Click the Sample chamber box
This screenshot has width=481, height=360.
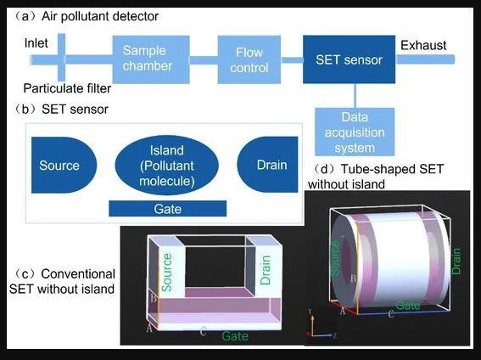pyautogui.click(x=151, y=59)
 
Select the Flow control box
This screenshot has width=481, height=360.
pyautogui.click(x=249, y=59)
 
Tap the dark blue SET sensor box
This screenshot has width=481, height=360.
pyautogui.click(x=350, y=59)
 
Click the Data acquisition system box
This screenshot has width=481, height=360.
pyautogui.click(x=355, y=132)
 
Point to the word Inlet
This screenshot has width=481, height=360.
pyautogui.click(x=36, y=43)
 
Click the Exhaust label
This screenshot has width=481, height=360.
pyautogui.click(x=423, y=45)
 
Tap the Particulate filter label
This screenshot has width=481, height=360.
pyautogui.click(x=67, y=88)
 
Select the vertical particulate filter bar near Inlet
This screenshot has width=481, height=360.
pyautogui.click(x=61, y=58)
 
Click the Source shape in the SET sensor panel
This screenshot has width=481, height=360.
pyautogui.click(x=64, y=165)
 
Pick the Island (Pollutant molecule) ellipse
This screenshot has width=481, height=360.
pyautogui.click(x=167, y=165)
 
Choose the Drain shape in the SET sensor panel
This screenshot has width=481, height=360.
pyautogui.click(x=267, y=165)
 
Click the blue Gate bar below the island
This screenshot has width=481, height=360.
pyautogui.click(x=168, y=209)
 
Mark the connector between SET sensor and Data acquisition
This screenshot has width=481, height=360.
pyautogui.click(x=355, y=95)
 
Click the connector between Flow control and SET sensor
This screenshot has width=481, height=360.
pyautogui.click(x=292, y=59)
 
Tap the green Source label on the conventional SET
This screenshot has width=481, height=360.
pyautogui.click(x=166, y=273)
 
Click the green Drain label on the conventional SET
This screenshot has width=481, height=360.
pyautogui.click(x=266, y=270)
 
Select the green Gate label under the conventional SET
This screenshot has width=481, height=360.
pyautogui.click(x=235, y=336)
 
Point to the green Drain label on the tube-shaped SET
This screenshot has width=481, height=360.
pyautogui.click(x=456, y=262)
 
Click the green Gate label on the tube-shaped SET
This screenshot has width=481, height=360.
pyautogui.click(x=408, y=306)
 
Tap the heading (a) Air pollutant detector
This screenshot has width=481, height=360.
pyautogui.click(x=87, y=16)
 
